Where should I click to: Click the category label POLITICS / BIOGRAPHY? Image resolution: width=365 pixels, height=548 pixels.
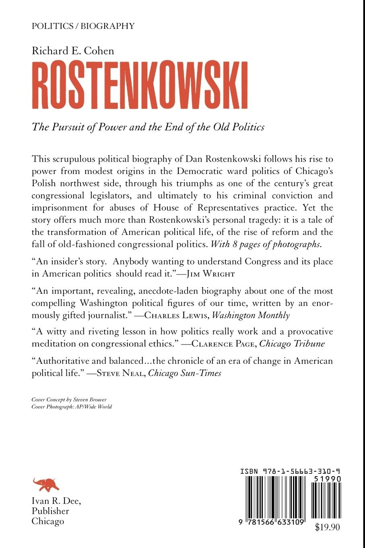point(83,26)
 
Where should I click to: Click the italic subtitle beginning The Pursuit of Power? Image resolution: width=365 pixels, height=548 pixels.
point(148,127)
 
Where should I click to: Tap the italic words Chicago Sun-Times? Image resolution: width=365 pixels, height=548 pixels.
point(185,373)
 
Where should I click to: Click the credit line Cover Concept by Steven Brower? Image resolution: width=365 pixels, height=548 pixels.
point(69,399)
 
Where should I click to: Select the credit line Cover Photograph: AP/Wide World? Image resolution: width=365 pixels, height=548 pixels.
point(72,407)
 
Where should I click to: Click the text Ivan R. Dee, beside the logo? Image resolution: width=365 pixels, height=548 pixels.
point(56,501)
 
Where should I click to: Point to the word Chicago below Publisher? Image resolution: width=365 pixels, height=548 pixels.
point(48,521)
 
